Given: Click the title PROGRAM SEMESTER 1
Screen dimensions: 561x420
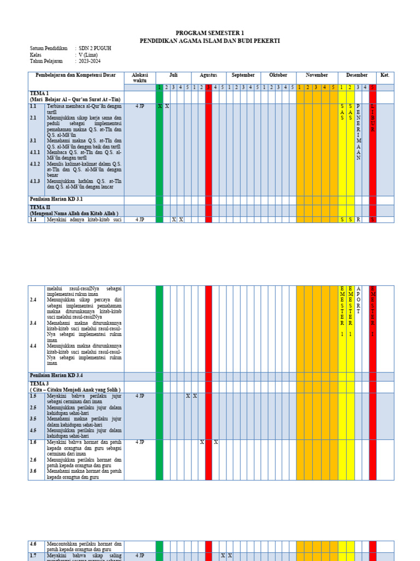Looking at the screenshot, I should point(210,33).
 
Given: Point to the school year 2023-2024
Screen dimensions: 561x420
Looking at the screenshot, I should point(91,61).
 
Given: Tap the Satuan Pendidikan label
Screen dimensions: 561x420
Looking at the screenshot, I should point(48,48).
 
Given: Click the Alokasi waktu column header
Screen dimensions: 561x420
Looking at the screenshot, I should point(140,77).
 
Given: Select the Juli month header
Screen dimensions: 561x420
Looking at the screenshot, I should point(173,75).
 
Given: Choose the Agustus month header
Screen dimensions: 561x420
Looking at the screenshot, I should point(208,75).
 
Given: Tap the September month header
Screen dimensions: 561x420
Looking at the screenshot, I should point(243,75).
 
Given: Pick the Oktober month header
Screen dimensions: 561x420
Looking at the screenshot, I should point(278,75).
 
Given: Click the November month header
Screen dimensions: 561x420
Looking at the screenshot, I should point(317,75).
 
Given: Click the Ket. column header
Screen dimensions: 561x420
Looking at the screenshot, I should point(385,75).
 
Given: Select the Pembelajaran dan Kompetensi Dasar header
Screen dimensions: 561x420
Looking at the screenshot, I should point(76,75).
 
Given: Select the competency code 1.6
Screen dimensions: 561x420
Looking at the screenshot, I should point(33,442).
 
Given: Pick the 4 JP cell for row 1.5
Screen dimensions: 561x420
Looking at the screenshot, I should point(140,396).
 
